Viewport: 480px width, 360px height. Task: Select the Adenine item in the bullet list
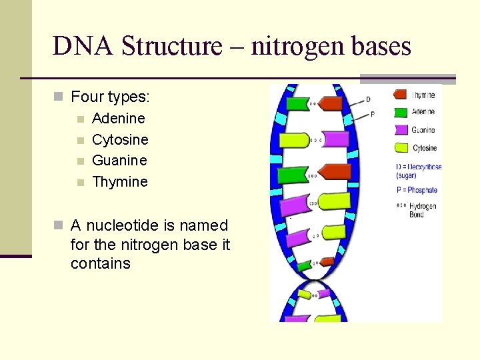click(118, 118)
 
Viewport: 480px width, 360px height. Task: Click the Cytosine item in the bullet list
click(120, 139)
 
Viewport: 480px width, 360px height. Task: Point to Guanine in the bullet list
click(119, 160)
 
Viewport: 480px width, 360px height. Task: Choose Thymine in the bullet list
click(120, 181)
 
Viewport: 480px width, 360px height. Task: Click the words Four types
click(110, 97)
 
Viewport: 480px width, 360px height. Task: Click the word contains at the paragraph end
click(100, 263)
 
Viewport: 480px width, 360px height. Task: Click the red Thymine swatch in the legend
click(401, 95)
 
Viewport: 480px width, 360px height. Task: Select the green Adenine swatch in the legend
click(401, 113)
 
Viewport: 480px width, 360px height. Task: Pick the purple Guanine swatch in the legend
click(401, 130)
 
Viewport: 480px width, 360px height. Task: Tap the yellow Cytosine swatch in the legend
click(401, 148)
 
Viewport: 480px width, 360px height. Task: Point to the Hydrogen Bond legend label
click(423, 210)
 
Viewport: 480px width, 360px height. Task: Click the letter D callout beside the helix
click(369, 100)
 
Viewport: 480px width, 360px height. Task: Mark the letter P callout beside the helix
click(372, 114)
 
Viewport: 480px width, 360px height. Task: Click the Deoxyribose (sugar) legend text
click(419, 171)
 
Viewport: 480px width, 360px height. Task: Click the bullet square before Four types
click(58, 97)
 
